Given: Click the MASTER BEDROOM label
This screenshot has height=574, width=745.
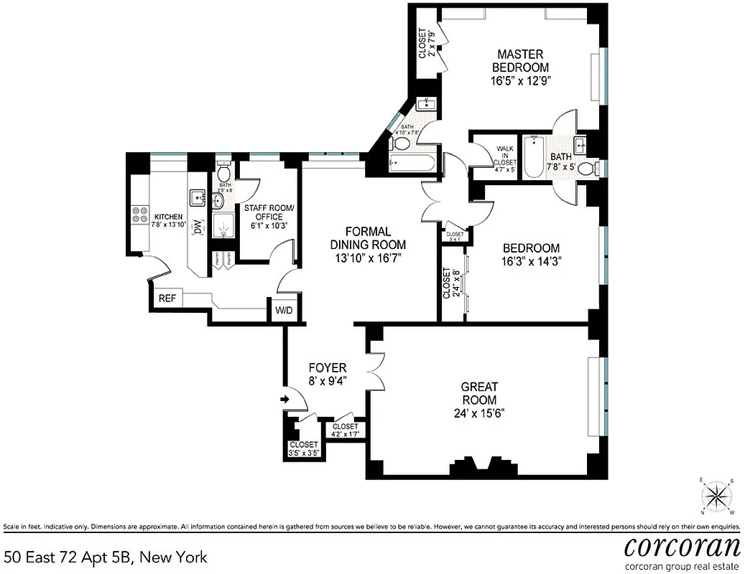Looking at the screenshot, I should point(521,60).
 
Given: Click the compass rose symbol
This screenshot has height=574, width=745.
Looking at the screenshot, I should point(716,495).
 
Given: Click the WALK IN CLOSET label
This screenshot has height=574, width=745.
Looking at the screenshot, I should point(505,159).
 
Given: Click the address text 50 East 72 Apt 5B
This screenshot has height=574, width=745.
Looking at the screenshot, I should point(106,556).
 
